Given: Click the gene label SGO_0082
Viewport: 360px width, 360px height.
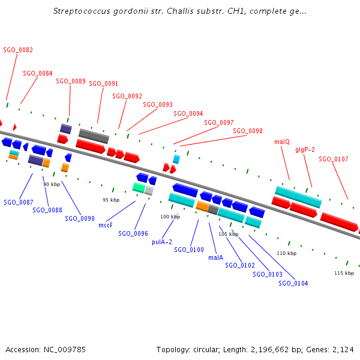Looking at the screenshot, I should point(18,50).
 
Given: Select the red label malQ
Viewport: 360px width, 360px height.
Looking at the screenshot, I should point(282,142).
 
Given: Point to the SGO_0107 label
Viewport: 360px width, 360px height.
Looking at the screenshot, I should point(333,160).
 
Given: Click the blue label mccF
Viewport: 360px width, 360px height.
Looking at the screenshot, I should point(106,226).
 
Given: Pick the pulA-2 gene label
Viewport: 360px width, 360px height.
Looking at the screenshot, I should point(162,242).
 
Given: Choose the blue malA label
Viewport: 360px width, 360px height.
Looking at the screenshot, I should point(216,257).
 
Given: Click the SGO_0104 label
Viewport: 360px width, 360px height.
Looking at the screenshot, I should point(293,283).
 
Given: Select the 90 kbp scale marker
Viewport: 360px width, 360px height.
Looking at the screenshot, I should point(52,184).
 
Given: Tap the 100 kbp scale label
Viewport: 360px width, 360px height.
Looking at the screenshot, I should point(170,217).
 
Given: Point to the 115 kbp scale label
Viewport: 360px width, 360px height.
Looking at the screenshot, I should point(344,273).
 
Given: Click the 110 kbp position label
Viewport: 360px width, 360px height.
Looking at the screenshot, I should point(287,254).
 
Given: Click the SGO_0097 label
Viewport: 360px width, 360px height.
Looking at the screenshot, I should point(219,122).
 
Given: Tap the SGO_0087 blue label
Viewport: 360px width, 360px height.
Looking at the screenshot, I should point(18,202).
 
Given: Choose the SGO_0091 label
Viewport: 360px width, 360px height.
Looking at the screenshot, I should point(104,84).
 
